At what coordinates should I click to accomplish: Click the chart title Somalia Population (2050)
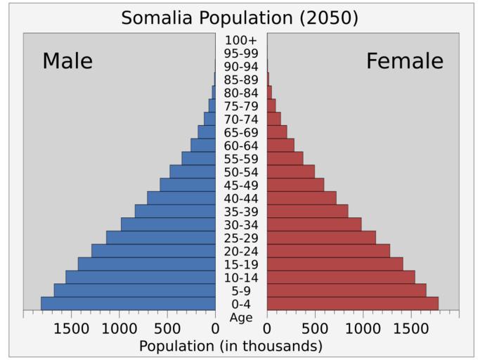(x=240, y=18)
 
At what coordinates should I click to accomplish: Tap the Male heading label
(x=67, y=61)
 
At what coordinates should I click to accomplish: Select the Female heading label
(x=405, y=61)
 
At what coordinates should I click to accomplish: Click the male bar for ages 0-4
(x=128, y=303)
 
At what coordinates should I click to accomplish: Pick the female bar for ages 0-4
(x=352, y=303)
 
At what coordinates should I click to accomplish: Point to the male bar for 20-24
(x=153, y=250)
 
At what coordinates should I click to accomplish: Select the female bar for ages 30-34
(x=313, y=224)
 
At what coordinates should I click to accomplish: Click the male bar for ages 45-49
(x=187, y=185)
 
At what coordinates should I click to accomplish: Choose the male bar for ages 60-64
(x=202, y=145)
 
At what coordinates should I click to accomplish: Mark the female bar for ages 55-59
(x=285, y=158)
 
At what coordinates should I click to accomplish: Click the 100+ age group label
(x=241, y=40)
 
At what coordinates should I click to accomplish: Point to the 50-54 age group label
(x=241, y=172)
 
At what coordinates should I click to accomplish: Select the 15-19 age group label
(x=241, y=264)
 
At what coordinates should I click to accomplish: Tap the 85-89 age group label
(x=241, y=79)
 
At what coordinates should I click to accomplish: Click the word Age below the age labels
(x=241, y=317)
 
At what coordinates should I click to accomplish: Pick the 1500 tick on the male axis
(x=71, y=328)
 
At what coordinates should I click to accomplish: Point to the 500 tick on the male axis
(x=167, y=328)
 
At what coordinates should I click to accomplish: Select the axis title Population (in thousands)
(x=231, y=346)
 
